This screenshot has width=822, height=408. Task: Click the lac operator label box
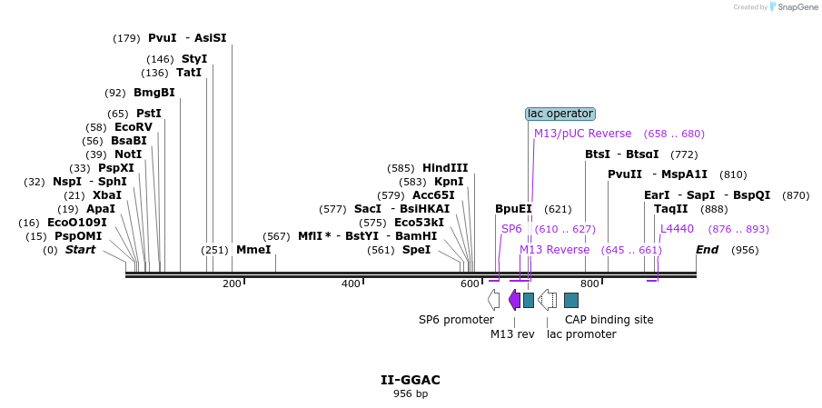560,114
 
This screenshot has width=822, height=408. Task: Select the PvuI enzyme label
162,38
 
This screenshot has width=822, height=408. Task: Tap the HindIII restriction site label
445,168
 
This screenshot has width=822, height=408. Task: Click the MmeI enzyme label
253,250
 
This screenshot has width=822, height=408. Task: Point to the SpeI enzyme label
416,250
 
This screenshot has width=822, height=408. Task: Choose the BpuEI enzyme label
513,209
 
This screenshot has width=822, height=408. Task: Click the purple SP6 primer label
511,229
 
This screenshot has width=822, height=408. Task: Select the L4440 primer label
677,229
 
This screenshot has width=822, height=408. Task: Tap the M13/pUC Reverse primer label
582,134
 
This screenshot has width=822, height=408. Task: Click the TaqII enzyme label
671,209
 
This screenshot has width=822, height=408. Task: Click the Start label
80,250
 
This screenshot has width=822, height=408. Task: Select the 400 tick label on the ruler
351,284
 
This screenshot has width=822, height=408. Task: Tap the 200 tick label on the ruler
232,284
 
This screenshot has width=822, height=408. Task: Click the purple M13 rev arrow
514,300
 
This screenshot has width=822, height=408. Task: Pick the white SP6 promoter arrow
493,300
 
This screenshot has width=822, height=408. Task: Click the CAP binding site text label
609,320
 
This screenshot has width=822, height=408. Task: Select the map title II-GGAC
411,380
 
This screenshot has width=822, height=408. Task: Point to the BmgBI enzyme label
154,93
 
